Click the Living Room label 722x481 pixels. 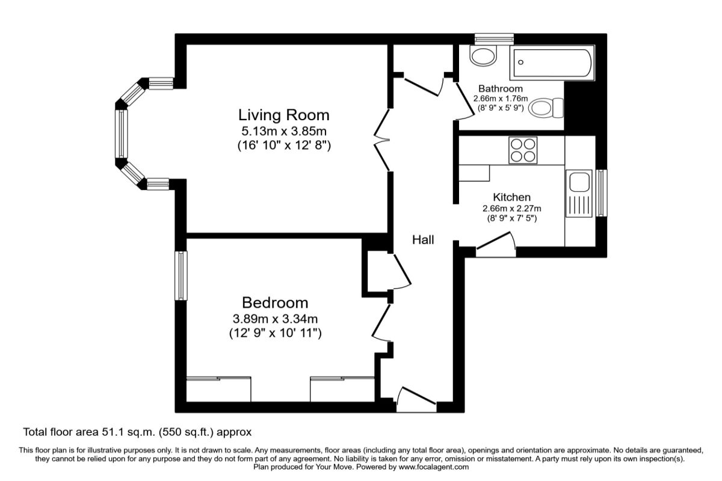[283, 115]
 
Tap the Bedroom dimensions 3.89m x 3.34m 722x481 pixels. [275, 319]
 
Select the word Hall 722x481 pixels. [423, 240]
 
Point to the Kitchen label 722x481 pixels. [511, 197]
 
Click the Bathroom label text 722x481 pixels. [500, 88]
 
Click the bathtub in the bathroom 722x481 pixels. [552, 63]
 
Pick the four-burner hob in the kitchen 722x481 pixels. [523, 150]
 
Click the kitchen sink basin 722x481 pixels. [579, 182]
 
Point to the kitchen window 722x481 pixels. [601, 193]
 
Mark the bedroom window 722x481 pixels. [181, 275]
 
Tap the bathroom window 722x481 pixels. [494, 39]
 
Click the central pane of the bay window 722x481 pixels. [121, 133]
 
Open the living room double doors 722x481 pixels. [382, 140]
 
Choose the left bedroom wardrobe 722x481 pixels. [218, 389]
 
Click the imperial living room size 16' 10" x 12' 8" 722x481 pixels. [284, 146]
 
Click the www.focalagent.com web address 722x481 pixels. [434, 467]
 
